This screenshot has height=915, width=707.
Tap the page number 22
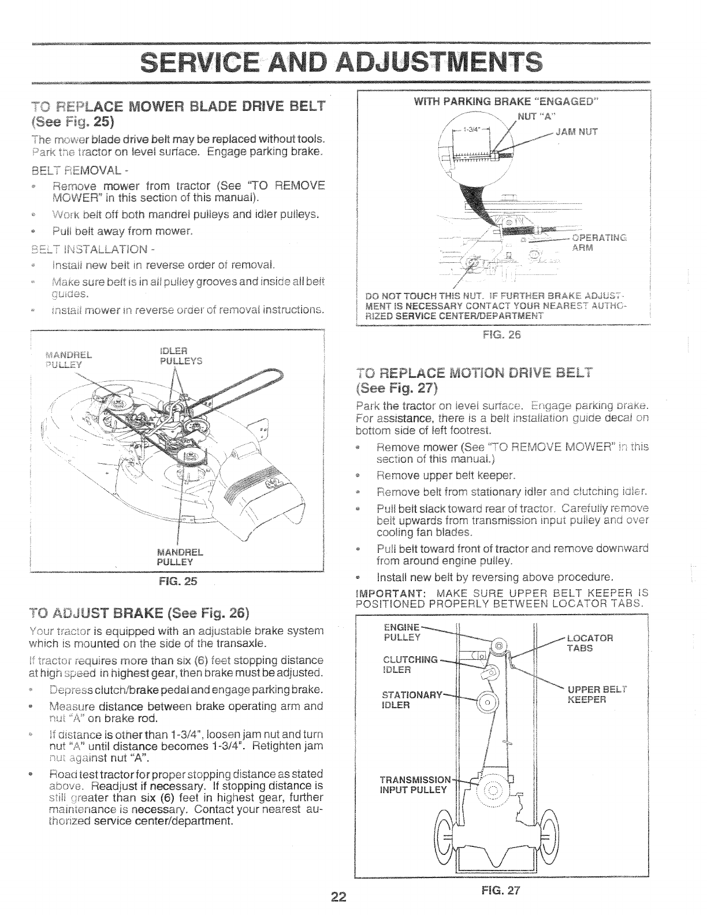tap(338, 897)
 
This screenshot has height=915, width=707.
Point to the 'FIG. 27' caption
tap(505, 890)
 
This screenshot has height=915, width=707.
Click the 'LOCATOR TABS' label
tap(589, 643)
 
